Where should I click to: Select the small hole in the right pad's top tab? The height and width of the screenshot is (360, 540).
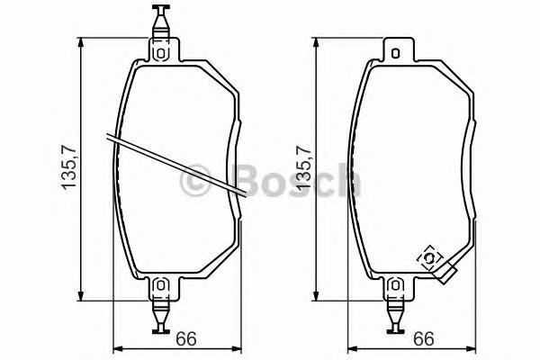(395, 53)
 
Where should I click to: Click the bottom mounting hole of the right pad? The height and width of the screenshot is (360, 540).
(395, 287)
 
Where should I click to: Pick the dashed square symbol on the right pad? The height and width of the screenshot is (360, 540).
(430, 259)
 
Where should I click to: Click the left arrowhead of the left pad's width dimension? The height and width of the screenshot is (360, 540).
(114, 351)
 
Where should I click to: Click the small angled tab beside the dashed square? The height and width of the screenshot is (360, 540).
(446, 272)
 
